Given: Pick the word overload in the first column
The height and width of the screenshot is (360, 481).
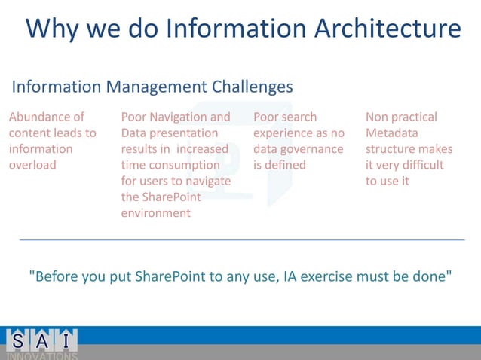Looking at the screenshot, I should coord(32,165).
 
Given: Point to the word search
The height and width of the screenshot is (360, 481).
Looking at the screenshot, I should coord(299,117).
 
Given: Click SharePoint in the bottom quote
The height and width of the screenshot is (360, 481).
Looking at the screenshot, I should coord(173,276).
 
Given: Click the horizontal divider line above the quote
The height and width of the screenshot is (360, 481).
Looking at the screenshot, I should coord(241,239).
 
